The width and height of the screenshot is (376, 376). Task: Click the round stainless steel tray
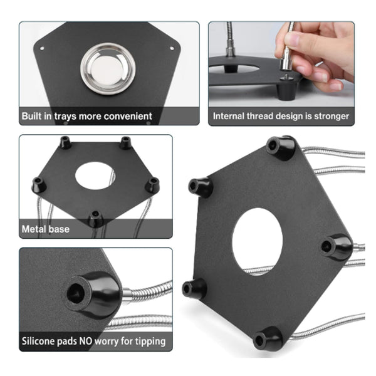click(107, 67)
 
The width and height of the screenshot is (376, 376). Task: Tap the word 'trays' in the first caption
click(71, 116)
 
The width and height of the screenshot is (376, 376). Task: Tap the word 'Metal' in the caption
click(35, 229)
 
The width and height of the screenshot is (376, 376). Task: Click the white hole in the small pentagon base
click(95, 176)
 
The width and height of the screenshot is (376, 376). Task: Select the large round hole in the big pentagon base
click(258, 242)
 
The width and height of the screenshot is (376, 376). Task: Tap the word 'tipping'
click(150, 342)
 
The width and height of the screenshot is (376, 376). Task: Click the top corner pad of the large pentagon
click(279, 147)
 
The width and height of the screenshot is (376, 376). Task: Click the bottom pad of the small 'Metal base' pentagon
click(95, 219)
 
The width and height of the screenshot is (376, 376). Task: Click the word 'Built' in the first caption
click(34, 116)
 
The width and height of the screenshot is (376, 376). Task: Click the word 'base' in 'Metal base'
click(60, 229)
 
